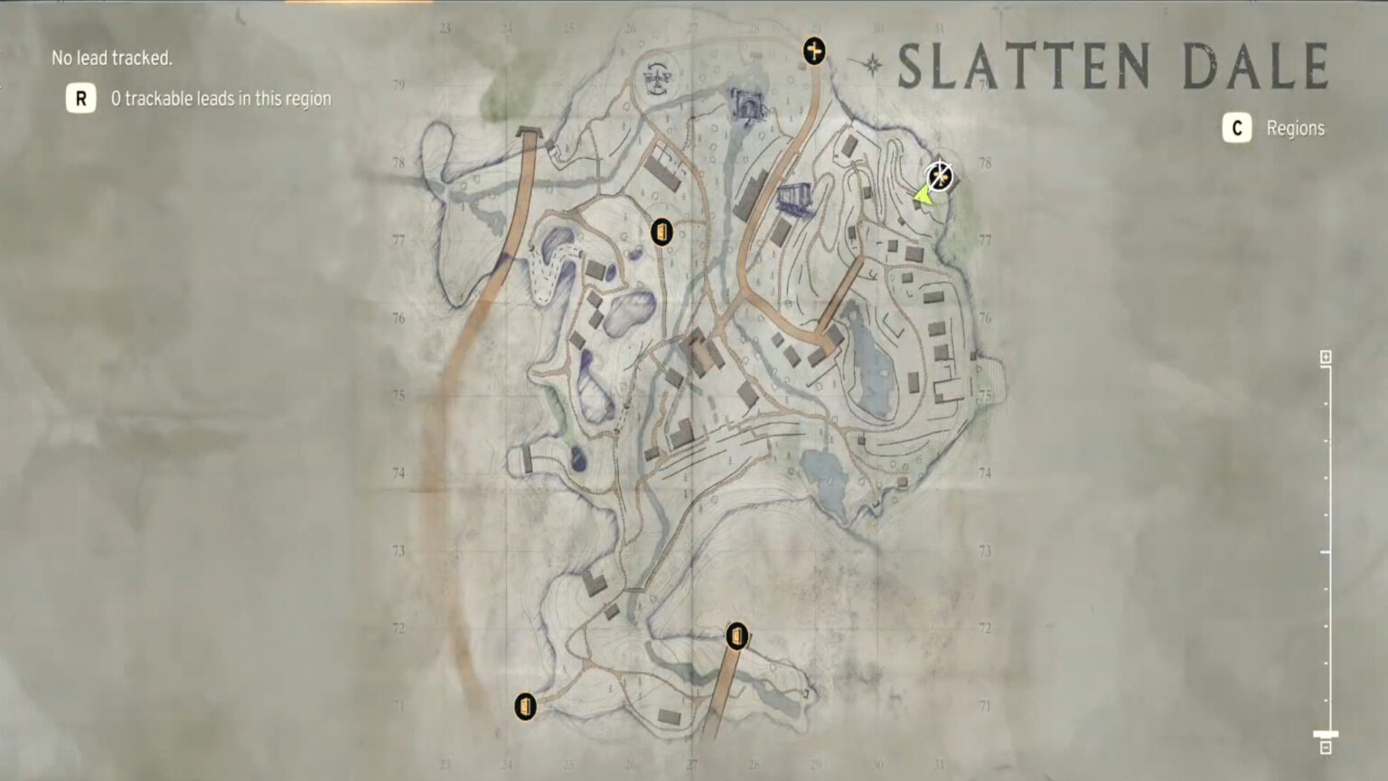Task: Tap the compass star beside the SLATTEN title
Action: pos(873,64)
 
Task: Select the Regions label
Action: pos(1295,128)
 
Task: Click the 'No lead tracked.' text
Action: pos(112,58)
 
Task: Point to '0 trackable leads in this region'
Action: pos(220,99)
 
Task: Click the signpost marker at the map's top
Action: pos(814,51)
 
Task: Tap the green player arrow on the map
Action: pos(922,193)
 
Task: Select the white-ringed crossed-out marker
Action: pos(940,175)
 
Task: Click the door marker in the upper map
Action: pos(662,232)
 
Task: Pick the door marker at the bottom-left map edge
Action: pos(525,706)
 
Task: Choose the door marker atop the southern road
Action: pos(737,635)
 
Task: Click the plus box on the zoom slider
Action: pos(1326,357)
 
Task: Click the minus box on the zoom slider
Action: pos(1326,748)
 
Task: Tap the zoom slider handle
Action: pos(1326,735)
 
